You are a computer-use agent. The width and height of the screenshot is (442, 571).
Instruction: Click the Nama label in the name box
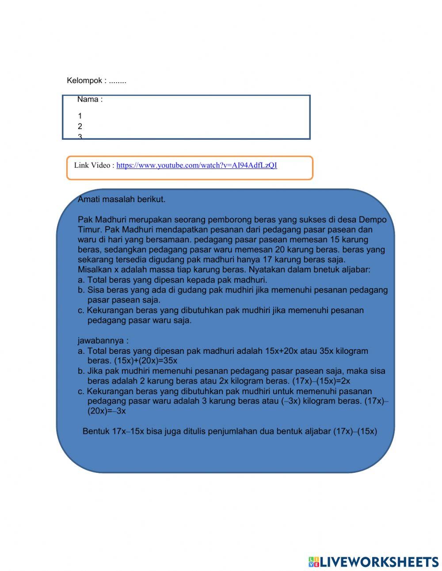90,100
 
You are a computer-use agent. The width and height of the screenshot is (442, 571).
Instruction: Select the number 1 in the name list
80,116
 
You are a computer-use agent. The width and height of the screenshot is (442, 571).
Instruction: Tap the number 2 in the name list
80,126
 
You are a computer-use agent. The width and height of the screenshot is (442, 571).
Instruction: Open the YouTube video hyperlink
197,165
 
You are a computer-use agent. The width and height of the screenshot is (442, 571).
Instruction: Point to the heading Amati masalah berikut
122,199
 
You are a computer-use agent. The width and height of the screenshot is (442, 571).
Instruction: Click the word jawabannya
103,341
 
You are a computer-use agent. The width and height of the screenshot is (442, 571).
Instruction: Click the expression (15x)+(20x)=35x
145,360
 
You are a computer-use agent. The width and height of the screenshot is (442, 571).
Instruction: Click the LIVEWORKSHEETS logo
373,562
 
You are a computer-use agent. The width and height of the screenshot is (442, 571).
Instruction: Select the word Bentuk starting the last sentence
95,431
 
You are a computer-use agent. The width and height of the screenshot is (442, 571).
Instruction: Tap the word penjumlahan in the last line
230,431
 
